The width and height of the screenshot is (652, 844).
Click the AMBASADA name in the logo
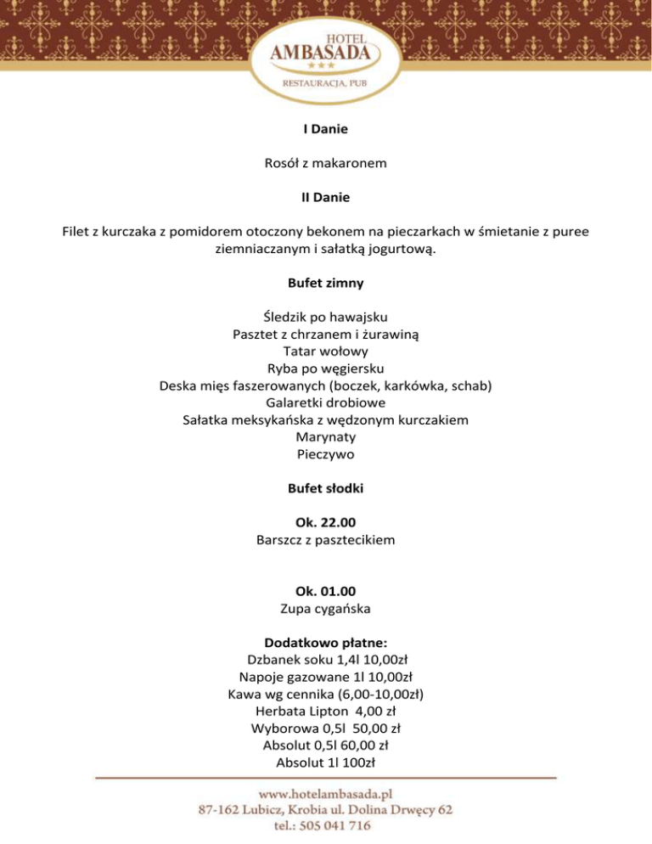(326, 53)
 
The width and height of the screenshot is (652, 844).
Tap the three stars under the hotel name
(326, 65)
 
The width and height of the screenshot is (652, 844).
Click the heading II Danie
(326, 197)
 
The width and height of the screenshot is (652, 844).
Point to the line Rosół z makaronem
(326, 164)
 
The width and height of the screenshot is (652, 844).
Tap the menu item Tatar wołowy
(326, 351)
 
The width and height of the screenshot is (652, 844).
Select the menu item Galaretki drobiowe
(326, 402)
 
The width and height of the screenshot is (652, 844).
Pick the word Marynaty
(326, 436)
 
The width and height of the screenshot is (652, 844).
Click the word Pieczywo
(326, 454)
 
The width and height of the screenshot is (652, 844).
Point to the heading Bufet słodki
(326, 488)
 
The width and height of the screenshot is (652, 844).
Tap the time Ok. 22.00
(326, 521)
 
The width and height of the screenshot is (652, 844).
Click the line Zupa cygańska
(326, 608)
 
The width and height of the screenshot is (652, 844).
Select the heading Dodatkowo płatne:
(326, 642)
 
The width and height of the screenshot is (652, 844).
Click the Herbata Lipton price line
(326, 711)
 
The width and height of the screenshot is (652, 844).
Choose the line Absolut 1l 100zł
(326, 762)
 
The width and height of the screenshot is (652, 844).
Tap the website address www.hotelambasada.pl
(326, 794)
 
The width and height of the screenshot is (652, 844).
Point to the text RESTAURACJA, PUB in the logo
(326, 84)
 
